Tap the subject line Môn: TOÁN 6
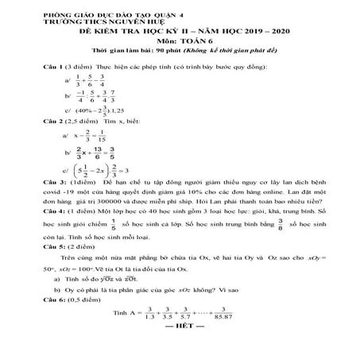point(180,38)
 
